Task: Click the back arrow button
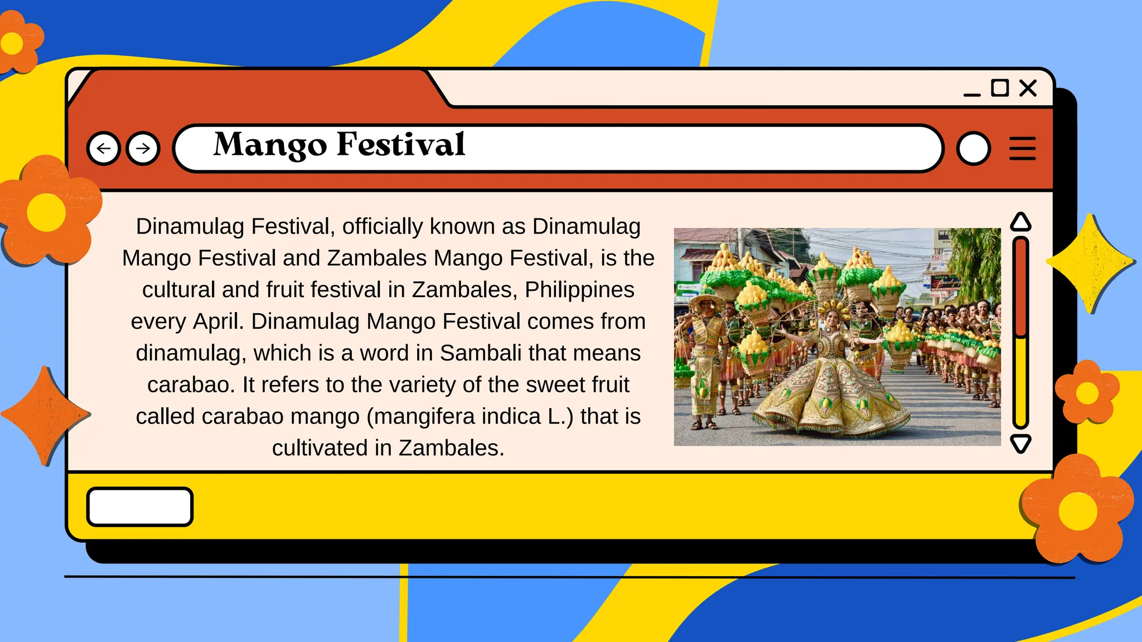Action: point(104,148)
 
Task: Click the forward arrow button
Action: point(143,148)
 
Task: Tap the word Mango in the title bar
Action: point(270,145)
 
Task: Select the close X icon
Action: point(1028,88)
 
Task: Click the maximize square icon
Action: point(999,88)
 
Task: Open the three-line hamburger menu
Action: point(1022,148)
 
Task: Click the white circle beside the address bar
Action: point(974,148)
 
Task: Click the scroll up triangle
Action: point(1020,222)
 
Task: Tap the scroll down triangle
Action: point(1020,444)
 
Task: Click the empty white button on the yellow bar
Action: point(140,507)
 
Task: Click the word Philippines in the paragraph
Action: point(579,290)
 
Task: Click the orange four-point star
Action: point(45,415)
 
